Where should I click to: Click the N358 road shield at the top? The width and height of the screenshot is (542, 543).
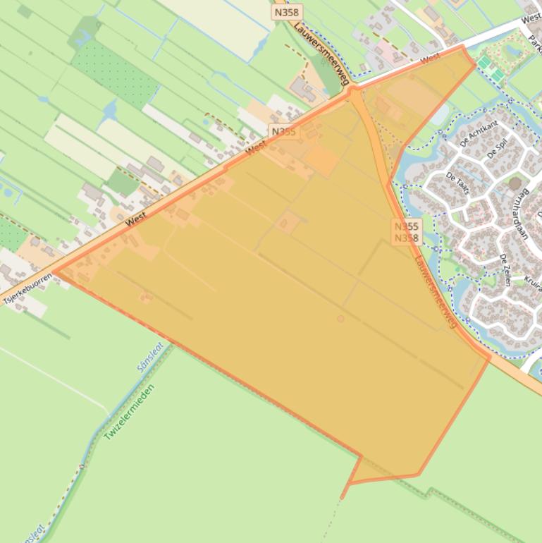(x=285, y=13)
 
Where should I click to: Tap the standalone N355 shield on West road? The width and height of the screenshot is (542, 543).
(x=285, y=132)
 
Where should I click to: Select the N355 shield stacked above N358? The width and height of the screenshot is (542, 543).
(x=407, y=226)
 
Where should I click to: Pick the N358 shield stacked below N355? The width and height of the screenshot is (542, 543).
(x=407, y=238)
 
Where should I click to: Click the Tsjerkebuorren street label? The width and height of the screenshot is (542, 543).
(x=27, y=289)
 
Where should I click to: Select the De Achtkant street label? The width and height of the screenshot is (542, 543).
(x=479, y=133)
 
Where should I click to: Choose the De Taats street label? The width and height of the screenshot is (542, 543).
(x=458, y=186)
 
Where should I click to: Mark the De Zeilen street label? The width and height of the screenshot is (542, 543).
(x=505, y=269)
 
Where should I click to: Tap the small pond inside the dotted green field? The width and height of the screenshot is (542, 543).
(x=110, y=110)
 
